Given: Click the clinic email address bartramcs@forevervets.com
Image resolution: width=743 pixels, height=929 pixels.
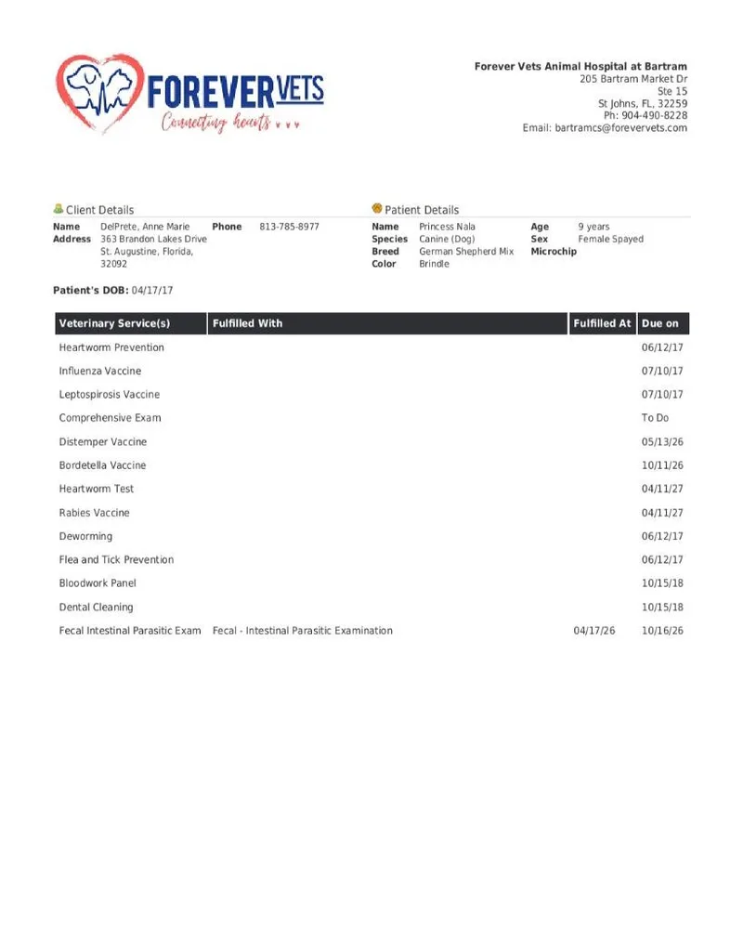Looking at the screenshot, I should coord(621,128).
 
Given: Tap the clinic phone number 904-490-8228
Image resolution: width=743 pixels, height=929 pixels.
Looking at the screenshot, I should coord(655,116).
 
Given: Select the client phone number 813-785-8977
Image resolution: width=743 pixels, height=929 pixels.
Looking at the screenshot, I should coord(289,227).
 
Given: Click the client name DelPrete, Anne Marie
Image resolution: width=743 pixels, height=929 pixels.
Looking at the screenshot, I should coord(145,227).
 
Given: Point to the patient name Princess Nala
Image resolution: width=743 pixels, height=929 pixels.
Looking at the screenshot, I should coord(447,227).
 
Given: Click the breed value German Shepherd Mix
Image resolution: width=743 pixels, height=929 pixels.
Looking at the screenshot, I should coord(466,252).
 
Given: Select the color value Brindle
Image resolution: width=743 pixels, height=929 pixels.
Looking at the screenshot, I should coord(434,264).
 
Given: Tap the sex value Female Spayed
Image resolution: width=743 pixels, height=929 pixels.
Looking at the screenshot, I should coord(610,239).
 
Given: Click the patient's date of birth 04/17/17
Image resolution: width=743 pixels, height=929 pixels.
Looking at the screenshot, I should coord(152,291).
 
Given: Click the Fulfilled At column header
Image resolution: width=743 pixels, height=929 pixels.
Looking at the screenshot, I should coord(602,323).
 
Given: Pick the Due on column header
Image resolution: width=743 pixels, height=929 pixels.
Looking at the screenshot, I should coord(660,323).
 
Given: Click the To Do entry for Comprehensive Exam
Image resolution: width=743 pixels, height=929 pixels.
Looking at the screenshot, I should coord(655,418).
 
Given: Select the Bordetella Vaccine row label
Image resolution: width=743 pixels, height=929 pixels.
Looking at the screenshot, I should coord(102,465).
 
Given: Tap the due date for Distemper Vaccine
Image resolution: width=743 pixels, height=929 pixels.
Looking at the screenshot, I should coord(662,442).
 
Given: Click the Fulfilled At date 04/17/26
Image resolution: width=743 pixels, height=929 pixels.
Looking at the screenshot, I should coord(594,631).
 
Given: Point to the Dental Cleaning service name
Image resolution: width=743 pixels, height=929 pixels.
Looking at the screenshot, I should coord(96,608).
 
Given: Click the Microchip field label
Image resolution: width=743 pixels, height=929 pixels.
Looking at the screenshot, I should coord(554,252).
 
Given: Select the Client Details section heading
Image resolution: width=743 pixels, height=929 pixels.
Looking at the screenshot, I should coord(99,210).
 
